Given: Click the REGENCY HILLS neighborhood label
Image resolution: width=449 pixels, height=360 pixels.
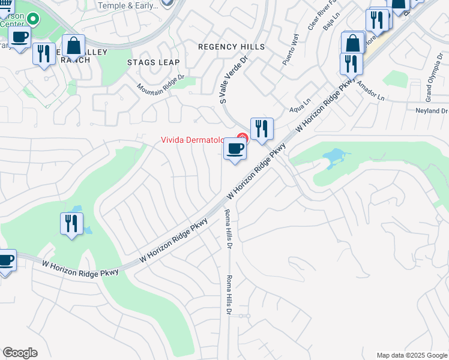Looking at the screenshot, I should pyautogui.click(x=231, y=47).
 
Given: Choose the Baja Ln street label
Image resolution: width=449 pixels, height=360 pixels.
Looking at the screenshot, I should pyautogui.click(x=328, y=23).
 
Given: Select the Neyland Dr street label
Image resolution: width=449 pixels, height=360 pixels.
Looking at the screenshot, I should pyautogui.click(x=432, y=111).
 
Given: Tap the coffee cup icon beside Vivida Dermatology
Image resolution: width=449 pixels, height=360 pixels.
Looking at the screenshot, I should pyautogui.click(x=235, y=148).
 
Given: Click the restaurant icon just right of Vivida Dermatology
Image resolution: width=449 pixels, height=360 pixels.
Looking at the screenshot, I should pyautogui.click(x=262, y=128).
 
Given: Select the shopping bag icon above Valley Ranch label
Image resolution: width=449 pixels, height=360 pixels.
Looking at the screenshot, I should pyautogui.click(x=73, y=46).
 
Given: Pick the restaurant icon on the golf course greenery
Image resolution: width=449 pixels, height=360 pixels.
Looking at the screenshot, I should pyautogui.click(x=71, y=223).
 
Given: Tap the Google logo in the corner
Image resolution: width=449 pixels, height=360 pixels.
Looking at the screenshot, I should pyautogui.click(x=20, y=353).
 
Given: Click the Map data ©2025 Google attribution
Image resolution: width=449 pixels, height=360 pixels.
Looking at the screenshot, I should pyautogui.click(x=412, y=355).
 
